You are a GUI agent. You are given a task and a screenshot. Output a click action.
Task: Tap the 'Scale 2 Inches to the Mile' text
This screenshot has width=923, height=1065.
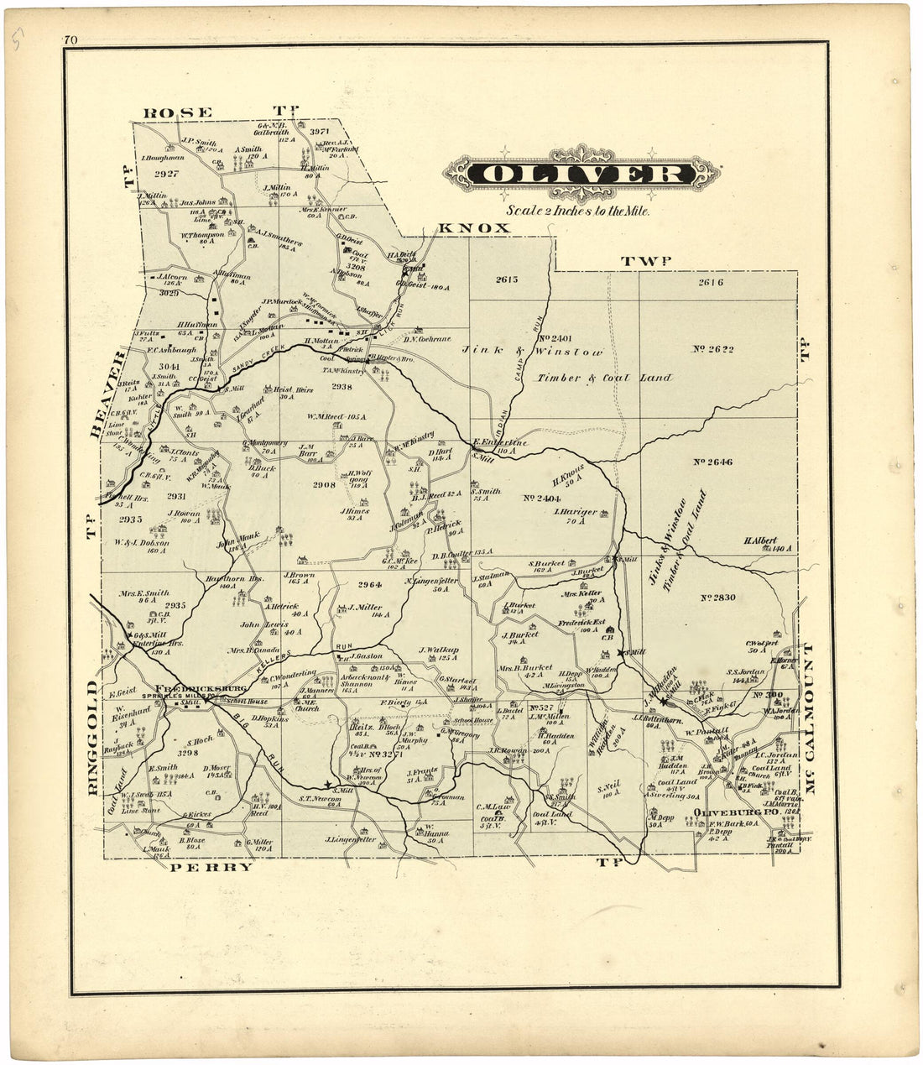click(577, 211)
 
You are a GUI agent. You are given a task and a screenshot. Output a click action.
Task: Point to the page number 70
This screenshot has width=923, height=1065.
click(70, 39)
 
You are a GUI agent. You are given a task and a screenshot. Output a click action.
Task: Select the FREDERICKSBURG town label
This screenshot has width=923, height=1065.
click(199, 687)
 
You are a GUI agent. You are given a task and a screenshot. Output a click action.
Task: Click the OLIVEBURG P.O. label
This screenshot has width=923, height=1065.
click(727, 812)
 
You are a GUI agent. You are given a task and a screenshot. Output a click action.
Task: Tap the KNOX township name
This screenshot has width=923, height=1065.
click(474, 228)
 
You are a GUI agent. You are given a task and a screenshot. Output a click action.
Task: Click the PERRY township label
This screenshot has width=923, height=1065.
click(211, 867)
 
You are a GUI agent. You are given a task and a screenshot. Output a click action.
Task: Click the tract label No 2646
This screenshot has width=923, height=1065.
click(713, 462)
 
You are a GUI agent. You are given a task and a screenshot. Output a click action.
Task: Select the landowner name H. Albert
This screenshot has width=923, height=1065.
click(759, 541)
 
